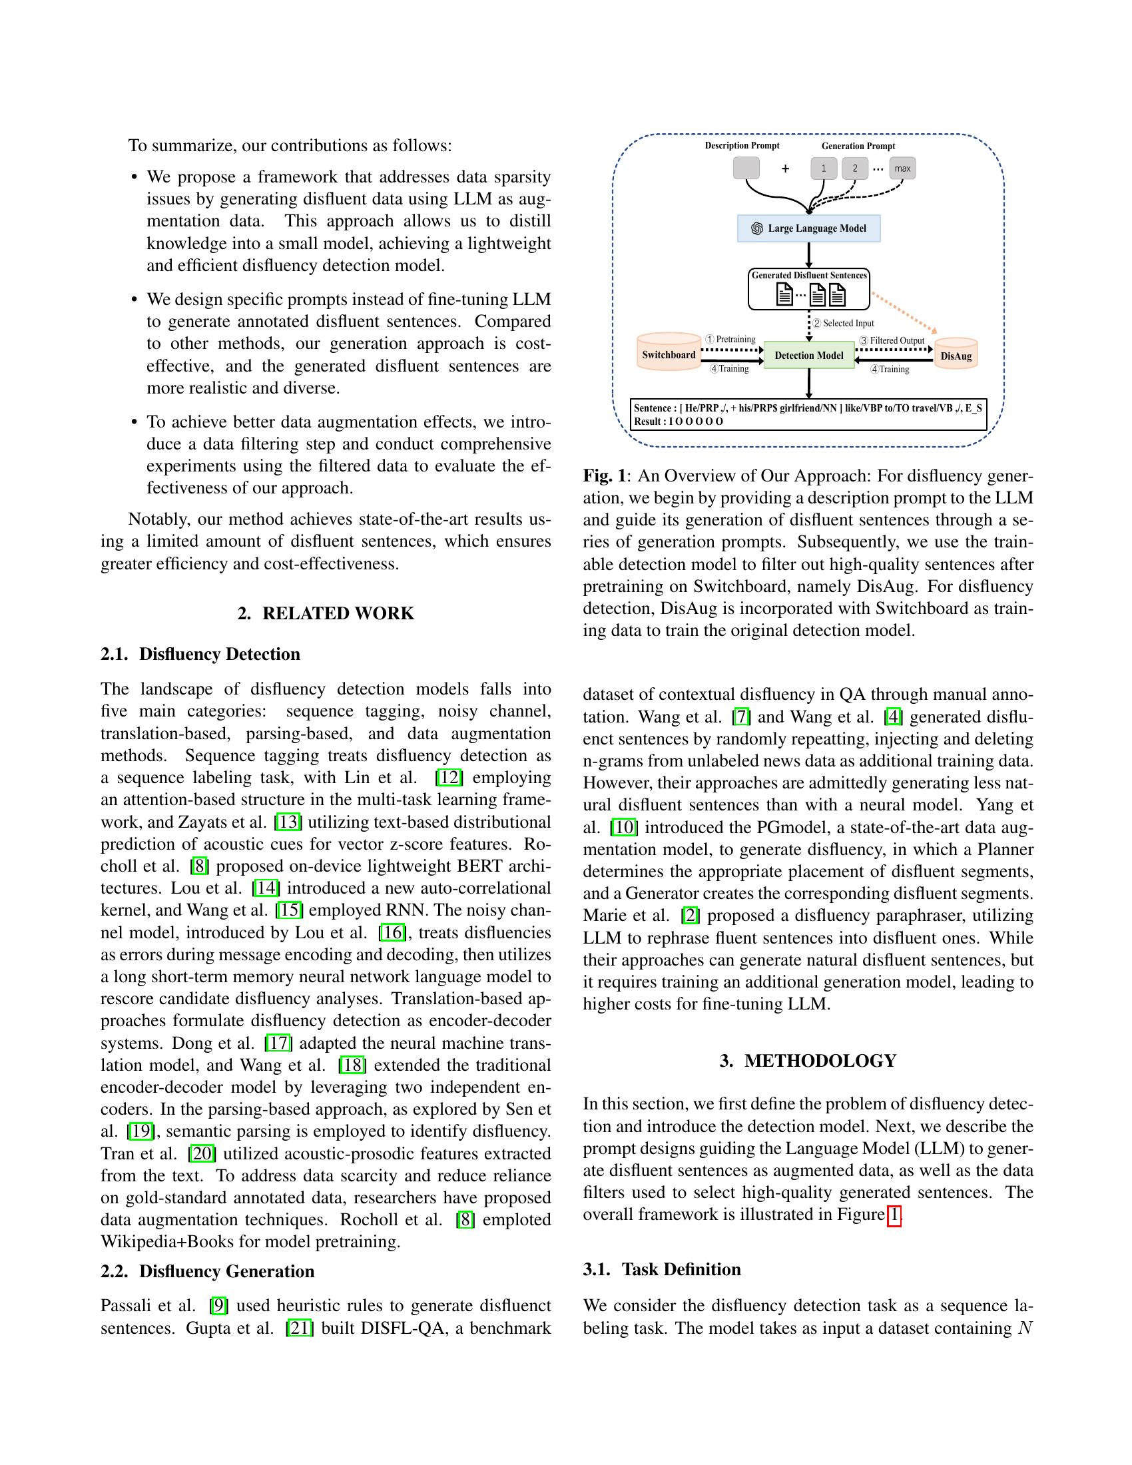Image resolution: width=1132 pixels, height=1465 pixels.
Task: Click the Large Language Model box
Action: click(809, 228)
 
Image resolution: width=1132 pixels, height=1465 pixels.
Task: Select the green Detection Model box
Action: click(809, 355)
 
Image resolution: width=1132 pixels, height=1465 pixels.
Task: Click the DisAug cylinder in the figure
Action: click(956, 355)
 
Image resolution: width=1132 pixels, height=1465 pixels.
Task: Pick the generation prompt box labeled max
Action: click(903, 168)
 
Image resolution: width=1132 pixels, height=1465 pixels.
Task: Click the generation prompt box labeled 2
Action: click(854, 168)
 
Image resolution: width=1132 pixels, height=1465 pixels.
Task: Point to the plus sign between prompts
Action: click(785, 169)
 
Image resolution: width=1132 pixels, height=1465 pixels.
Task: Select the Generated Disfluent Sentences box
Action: click(809, 289)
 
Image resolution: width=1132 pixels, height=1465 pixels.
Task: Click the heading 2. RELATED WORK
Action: click(326, 613)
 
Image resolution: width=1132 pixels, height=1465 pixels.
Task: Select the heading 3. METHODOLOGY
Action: click(808, 1061)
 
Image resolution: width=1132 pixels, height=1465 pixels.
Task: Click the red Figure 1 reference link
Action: click(894, 1214)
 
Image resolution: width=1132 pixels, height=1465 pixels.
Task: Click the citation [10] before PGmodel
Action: click(624, 827)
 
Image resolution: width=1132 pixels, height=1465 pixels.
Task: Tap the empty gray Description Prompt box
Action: click(746, 168)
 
